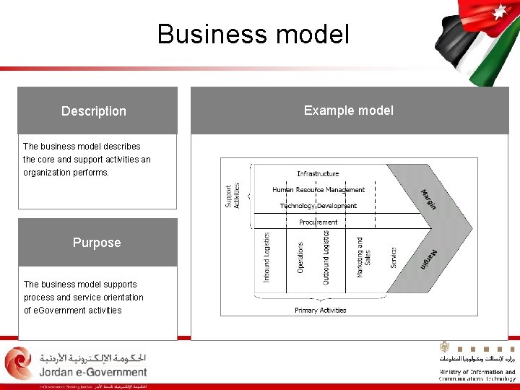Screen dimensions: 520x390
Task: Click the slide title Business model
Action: point(253,34)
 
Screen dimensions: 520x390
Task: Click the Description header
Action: point(94,111)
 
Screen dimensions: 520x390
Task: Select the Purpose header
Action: point(97,243)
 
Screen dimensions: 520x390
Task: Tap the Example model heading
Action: point(348,110)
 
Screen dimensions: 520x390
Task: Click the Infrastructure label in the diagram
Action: point(318,173)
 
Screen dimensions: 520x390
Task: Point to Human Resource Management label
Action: point(318,190)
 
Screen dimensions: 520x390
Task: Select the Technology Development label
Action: point(318,206)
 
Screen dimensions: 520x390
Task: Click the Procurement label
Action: point(318,222)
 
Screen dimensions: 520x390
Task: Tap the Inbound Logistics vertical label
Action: point(266,256)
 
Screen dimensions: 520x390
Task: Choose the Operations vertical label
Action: point(300,256)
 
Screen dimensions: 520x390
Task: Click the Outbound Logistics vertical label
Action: point(326,258)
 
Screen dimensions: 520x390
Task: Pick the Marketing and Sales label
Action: point(363,256)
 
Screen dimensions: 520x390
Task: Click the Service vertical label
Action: point(394,258)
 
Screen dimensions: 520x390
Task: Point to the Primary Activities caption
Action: point(320,311)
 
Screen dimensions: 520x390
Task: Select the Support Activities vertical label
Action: point(233,195)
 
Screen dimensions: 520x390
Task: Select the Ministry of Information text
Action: point(477,373)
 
